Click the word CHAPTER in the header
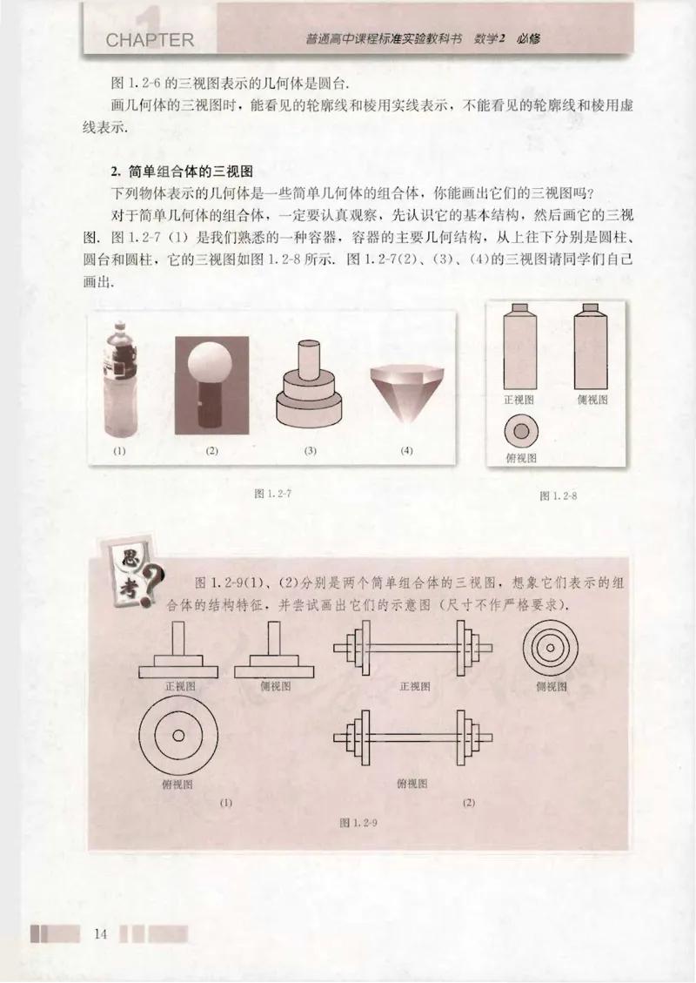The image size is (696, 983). [150, 41]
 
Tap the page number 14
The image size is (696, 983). [99, 935]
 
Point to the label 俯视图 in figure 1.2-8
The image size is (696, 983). [520, 457]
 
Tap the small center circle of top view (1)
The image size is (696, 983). [178, 736]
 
